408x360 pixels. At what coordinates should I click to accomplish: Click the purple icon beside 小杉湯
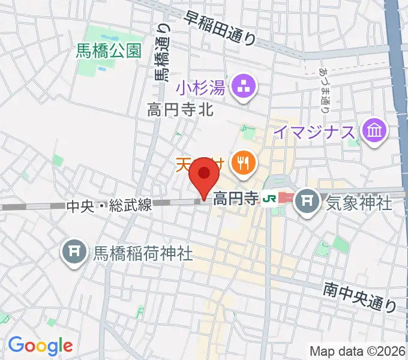coord(245,88)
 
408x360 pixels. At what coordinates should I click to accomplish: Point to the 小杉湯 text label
coord(200,89)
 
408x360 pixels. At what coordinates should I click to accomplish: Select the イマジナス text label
coord(314,131)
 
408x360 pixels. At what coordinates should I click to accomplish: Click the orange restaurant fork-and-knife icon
coord(243,162)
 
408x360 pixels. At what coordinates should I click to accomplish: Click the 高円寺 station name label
coord(235,198)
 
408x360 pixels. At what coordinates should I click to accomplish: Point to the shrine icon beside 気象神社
coord(308,199)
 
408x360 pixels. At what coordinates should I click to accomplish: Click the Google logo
coord(40,345)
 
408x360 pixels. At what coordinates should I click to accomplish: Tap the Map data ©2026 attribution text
coord(358,351)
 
